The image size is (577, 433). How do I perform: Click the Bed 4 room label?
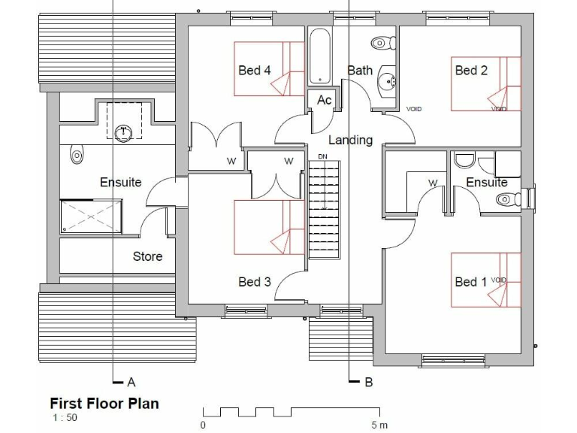coord(254,71)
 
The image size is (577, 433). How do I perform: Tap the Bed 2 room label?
coord(471,71)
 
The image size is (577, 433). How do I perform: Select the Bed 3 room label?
coord(254,282)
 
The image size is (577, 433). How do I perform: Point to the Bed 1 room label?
coord(471,282)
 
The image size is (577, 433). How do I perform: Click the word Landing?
coord(350,140)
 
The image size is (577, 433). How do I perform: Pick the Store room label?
coord(147,256)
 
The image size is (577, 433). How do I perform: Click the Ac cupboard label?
coord(324,100)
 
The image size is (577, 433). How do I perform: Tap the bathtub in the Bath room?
coord(319,56)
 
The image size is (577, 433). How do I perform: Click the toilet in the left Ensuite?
coord(76,156)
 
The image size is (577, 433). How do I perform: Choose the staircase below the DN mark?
coord(323,210)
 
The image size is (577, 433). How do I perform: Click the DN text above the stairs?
coord(323,156)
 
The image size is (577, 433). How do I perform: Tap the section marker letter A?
coord(131,382)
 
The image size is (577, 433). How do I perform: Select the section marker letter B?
coord(368,382)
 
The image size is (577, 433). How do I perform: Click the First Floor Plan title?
coord(104,404)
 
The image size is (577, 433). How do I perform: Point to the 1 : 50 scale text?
coord(64,417)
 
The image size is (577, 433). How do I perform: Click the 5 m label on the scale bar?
coord(379,425)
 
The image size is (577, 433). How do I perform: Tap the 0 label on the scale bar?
coord(203,425)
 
